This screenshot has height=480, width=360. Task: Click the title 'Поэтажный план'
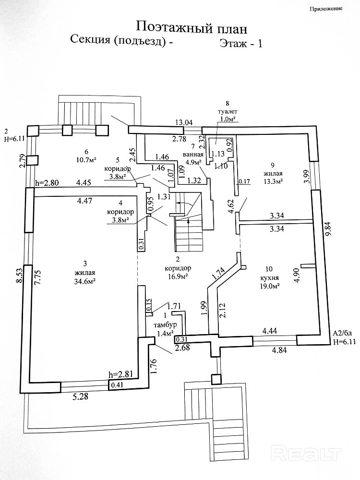pyautogui.click(x=192, y=27)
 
